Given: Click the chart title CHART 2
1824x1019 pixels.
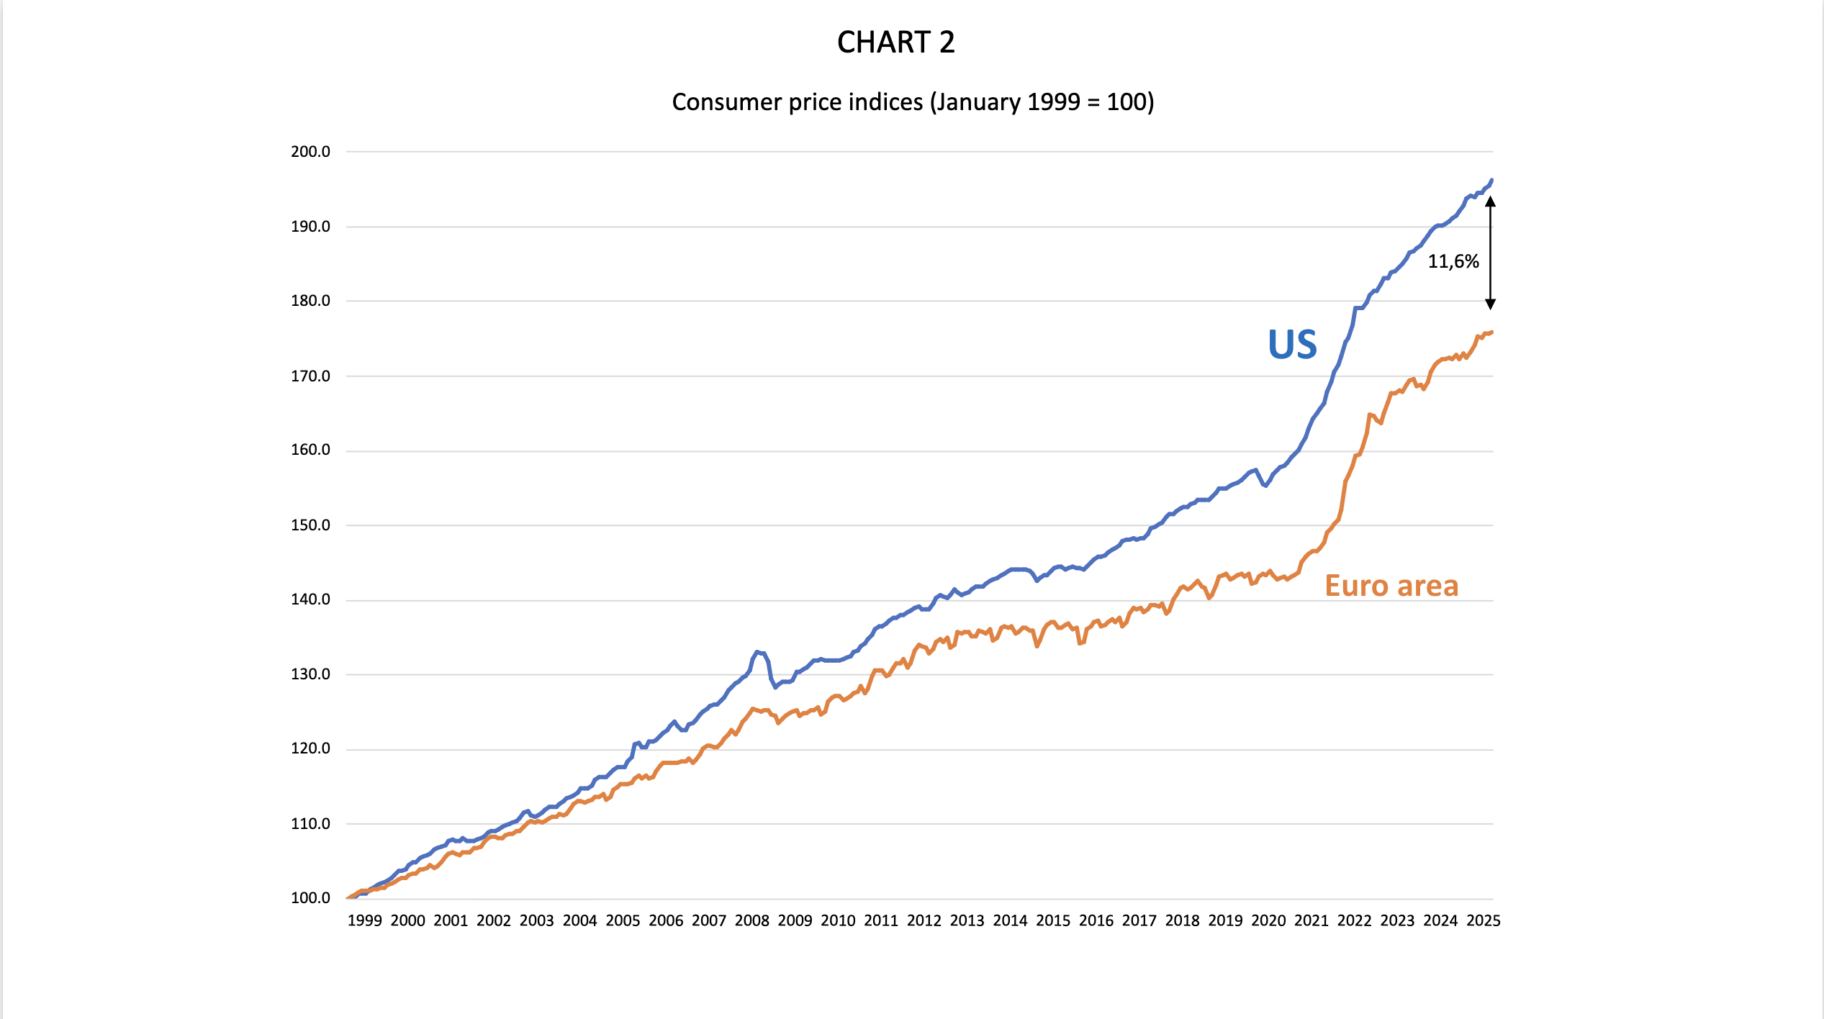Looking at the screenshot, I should [x=895, y=42].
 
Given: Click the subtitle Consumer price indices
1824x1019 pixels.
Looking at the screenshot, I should [x=913, y=102].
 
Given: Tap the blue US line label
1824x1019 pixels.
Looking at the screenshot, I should [x=1292, y=345].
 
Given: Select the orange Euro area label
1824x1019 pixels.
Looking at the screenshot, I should [x=1391, y=586].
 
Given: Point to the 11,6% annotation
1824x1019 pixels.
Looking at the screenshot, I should [x=1453, y=261].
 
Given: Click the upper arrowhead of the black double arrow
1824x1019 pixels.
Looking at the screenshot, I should [x=1491, y=201].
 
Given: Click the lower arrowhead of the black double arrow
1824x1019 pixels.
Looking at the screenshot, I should [x=1491, y=304].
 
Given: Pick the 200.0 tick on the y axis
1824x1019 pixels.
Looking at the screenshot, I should [x=310, y=152].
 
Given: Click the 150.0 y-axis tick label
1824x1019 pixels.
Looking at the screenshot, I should [x=310, y=525].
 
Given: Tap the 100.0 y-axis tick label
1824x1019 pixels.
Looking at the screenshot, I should [x=310, y=898].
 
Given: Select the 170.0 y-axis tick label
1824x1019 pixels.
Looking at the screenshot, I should [x=310, y=376].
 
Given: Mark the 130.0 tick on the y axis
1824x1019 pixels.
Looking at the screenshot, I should [x=310, y=674].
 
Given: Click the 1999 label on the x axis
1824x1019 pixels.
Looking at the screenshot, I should [x=364, y=921].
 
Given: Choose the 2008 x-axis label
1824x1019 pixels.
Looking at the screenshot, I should [x=751, y=921].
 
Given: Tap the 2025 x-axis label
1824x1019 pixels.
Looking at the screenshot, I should [x=1484, y=921].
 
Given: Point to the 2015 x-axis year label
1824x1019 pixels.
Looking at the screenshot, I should [x=1053, y=921].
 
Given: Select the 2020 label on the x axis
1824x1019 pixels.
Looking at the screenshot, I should [x=1268, y=921].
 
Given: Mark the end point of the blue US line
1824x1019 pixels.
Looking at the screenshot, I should [x=1491, y=180].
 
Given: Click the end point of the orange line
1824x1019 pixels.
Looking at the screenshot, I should [x=1491, y=332].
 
